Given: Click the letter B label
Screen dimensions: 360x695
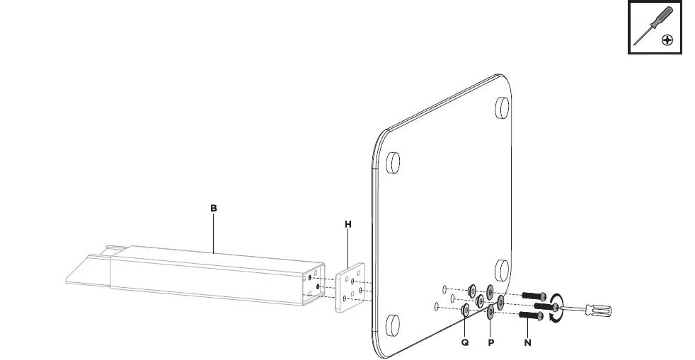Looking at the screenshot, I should tap(213, 209).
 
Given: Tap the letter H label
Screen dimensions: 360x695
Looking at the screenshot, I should tap(347, 224).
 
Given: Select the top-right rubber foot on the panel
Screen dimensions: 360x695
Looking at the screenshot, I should tap(502, 106).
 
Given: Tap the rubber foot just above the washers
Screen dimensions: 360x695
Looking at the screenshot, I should tap(502, 269).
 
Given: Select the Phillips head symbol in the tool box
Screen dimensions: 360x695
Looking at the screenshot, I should tap(667, 40).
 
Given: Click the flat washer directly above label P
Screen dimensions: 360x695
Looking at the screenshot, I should tap(490, 311).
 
